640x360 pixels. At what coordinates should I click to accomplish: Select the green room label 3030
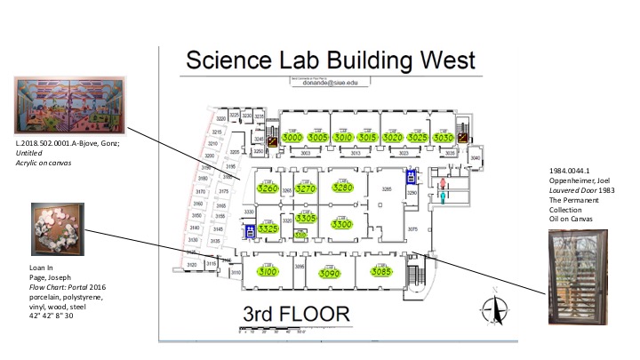pos(444,139)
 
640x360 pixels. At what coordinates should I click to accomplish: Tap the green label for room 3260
pos(267,188)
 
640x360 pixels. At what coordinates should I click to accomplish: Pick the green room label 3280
pos(342,188)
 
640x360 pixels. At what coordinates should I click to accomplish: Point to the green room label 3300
pos(342,225)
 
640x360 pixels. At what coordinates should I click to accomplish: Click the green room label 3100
pos(268,272)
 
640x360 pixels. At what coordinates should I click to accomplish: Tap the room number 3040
pos(475,158)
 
